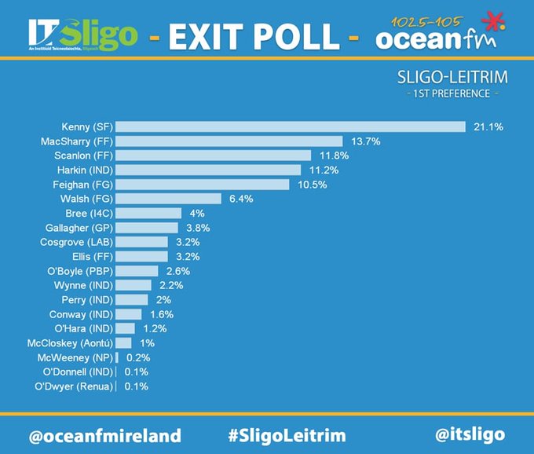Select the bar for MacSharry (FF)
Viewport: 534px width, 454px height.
tap(229, 141)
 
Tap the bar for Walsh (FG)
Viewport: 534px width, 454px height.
tap(169, 199)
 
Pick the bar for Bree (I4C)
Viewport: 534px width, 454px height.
tap(148, 214)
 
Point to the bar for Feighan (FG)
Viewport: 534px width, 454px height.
tap(203, 185)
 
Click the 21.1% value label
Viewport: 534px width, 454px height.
tap(488, 127)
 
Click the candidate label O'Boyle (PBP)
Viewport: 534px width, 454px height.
tap(76, 271)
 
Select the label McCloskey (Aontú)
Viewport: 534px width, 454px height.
tap(70, 343)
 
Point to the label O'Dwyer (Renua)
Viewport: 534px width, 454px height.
tap(73, 386)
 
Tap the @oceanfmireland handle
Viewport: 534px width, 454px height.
tap(104, 435)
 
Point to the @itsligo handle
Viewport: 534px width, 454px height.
tap(469, 434)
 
